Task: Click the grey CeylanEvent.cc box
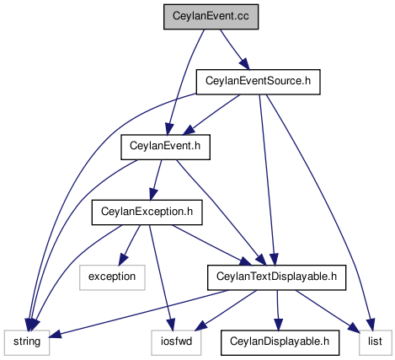click(211, 17)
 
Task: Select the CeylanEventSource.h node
click(258, 82)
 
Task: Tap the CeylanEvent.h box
click(165, 147)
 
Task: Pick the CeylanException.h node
click(147, 212)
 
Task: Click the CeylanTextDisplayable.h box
click(276, 277)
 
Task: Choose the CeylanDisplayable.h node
click(280, 342)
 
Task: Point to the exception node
click(112, 277)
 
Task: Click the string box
click(27, 342)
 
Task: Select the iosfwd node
click(176, 342)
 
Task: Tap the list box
click(375, 342)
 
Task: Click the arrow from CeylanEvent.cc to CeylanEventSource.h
click(234, 50)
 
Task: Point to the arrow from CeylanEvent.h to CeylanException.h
click(157, 180)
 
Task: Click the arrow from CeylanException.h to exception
click(129, 245)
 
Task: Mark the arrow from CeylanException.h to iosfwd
click(161, 277)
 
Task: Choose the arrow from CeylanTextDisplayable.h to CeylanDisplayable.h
click(278, 310)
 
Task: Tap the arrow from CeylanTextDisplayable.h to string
click(139, 313)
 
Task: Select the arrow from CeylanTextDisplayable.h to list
click(328, 310)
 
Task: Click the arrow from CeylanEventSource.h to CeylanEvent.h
click(212, 115)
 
